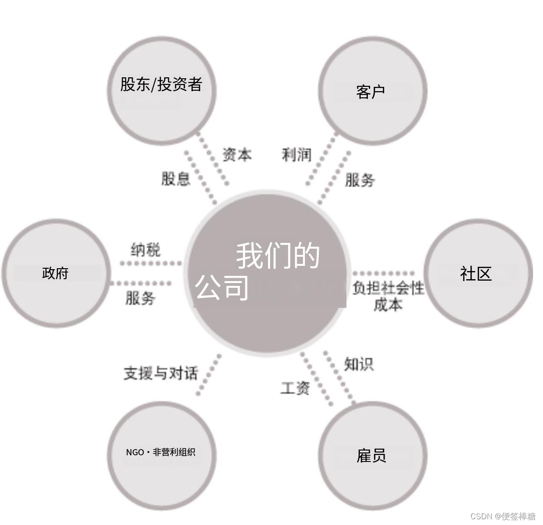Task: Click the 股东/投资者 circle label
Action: tap(161, 84)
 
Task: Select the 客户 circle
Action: tap(373, 91)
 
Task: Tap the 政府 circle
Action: tap(55, 273)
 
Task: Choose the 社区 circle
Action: tap(478, 273)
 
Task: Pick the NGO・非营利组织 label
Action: tap(161, 452)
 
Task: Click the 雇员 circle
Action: tap(372, 455)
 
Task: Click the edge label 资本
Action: tap(237, 155)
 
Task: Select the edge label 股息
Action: tap(176, 179)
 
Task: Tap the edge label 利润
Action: tap(296, 155)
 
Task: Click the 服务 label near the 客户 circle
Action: tap(360, 180)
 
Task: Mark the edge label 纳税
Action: tap(146, 250)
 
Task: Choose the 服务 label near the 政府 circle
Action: tap(140, 298)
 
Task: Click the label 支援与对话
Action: tap(160, 373)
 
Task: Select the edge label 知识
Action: tap(359, 364)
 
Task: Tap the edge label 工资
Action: tap(295, 388)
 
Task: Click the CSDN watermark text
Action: tap(503, 516)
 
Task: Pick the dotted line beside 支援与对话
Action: tap(209, 375)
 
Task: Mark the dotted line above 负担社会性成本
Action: tap(384, 273)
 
